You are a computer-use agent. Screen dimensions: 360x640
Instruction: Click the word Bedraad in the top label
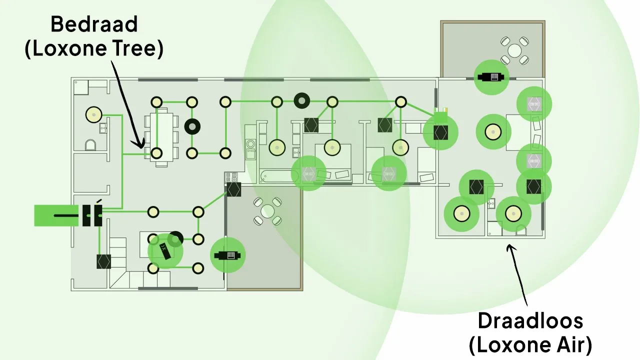(x=93, y=24)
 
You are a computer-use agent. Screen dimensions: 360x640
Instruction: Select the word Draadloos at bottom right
(x=530, y=320)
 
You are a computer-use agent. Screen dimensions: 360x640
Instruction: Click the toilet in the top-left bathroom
(x=90, y=145)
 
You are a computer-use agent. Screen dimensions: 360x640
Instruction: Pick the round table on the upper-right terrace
(x=514, y=50)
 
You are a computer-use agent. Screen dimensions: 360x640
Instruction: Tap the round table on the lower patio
(x=267, y=210)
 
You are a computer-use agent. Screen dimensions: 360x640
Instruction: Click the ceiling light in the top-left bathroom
(x=93, y=115)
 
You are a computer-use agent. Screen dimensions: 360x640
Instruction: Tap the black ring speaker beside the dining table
(x=192, y=127)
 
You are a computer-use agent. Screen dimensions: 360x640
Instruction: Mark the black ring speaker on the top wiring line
(x=301, y=101)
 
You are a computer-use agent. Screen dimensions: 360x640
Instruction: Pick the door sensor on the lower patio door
(x=227, y=255)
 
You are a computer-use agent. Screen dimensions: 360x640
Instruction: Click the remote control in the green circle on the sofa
(x=165, y=249)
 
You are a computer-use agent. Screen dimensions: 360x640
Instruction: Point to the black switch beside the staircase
(x=103, y=261)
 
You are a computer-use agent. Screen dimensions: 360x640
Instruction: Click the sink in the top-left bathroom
(x=102, y=128)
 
